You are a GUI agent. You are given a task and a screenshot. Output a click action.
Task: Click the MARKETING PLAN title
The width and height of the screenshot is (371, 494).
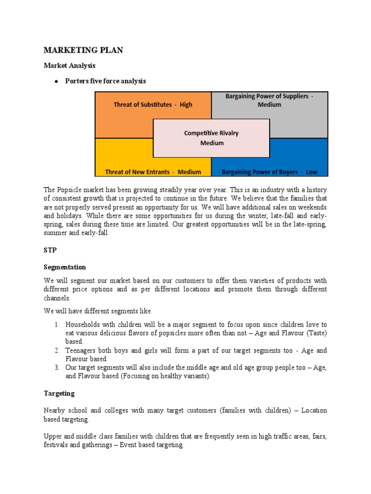coord(83,50)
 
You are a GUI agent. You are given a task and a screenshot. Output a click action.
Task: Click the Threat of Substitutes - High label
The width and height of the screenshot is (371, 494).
coord(153,105)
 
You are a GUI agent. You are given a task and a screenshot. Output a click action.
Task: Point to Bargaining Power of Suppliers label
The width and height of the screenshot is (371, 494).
coord(269,100)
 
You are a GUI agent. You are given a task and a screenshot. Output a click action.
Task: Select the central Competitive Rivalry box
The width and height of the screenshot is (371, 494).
coord(211,138)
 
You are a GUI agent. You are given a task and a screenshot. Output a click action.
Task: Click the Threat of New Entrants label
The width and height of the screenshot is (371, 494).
coord(153,172)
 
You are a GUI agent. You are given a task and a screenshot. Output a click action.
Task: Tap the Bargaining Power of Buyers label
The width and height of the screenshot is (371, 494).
coord(269,172)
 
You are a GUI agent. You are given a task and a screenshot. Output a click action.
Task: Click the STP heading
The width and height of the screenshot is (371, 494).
coord(50,250)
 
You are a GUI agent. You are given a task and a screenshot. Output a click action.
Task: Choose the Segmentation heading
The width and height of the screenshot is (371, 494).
coord(65,267)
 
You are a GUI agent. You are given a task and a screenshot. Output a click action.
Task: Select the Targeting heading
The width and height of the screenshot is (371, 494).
coord(59,393)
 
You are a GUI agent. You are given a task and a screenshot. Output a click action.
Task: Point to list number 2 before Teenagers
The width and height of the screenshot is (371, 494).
coord(57,351)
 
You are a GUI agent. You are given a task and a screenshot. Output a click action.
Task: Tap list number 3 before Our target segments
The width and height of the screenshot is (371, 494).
coord(57,368)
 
